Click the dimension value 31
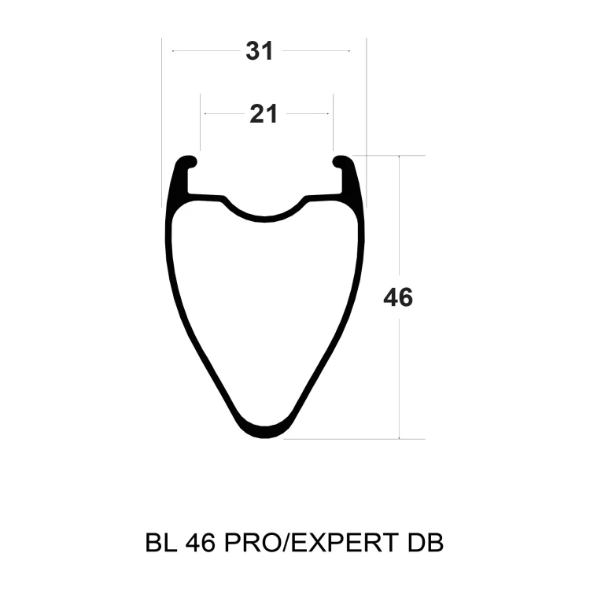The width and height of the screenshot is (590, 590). point(259,51)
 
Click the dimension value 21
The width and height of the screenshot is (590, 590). point(264,114)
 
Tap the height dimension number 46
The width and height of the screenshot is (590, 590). point(398,298)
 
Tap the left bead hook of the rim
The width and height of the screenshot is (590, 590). point(187,163)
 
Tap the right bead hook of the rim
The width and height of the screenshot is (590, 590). point(343,163)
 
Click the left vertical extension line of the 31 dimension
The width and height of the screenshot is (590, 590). point(161,118)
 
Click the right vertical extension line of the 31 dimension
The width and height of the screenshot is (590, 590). point(366,118)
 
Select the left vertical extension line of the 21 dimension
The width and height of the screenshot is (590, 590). point(201,122)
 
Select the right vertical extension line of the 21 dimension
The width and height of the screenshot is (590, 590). point(333,122)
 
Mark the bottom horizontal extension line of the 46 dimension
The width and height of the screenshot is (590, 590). point(354,439)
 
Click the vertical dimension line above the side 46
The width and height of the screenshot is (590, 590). point(400,220)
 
